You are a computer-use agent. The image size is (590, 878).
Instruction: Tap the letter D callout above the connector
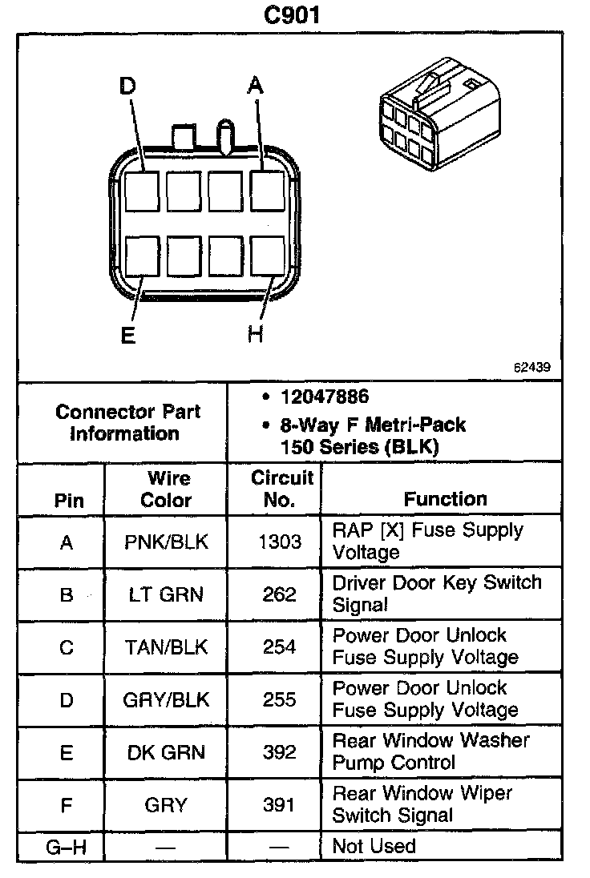click(127, 85)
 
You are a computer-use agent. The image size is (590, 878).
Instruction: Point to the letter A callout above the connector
click(255, 85)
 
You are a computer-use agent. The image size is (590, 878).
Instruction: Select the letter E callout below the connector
click(127, 335)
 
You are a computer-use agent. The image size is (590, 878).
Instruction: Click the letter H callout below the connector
click(255, 335)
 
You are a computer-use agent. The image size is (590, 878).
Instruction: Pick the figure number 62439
click(532, 369)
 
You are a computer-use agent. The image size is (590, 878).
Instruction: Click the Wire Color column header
click(166, 489)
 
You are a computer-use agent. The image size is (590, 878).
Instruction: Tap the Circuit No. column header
click(279, 489)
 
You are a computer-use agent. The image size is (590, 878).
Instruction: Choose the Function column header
click(445, 499)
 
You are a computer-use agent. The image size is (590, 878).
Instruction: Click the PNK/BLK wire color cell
click(166, 542)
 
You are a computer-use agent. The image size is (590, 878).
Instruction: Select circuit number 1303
click(279, 542)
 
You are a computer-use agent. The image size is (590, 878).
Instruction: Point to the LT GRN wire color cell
click(166, 594)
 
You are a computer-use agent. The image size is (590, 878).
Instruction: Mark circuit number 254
click(279, 646)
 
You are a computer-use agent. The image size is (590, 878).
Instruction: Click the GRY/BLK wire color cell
click(166, 699)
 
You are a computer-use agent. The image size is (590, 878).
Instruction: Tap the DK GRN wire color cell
click(166, 752)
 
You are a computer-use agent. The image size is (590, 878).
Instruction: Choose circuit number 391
click(279, 804)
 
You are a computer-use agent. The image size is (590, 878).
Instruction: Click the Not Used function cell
click(374, 846)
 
